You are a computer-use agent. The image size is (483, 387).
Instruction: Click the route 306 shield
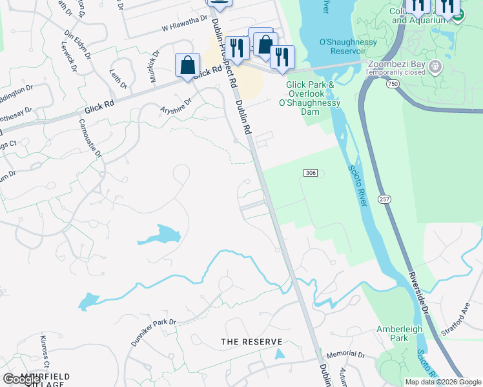click(x=310, y=173)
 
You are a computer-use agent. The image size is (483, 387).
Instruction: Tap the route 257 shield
click(x=385, y=201)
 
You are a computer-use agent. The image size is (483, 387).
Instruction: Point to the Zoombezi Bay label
click(x=396, y=64)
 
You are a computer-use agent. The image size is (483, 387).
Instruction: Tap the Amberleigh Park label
click(x=400, y=333)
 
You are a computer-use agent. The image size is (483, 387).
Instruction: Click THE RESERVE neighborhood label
click(x=252, y=341)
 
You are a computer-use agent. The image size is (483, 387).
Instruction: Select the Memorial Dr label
click(x=345, y=355)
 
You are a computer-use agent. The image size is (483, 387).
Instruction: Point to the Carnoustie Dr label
click(x=91, y=137)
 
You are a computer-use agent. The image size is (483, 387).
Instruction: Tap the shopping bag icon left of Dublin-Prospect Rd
click(x=187, y=65)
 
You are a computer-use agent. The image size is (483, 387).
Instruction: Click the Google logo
click(x=22, y=379)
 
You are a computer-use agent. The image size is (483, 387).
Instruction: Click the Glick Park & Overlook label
click(x=310, y=94)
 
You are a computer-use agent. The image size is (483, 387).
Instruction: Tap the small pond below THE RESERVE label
click(x=279, y=354)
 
